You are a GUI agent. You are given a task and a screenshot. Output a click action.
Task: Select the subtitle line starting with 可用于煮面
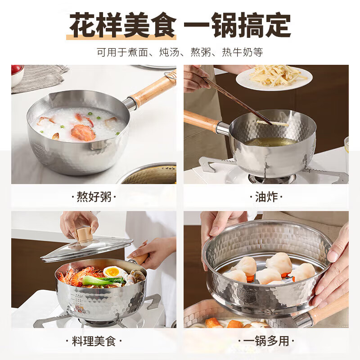180,52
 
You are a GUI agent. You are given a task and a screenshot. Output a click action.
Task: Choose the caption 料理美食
94,341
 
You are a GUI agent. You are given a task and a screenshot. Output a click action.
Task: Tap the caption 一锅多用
266,341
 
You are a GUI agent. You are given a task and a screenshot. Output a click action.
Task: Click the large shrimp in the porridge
83,132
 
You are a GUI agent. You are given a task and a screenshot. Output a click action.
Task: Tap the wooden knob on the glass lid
84,235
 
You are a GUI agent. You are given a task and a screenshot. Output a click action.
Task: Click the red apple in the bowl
17,70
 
